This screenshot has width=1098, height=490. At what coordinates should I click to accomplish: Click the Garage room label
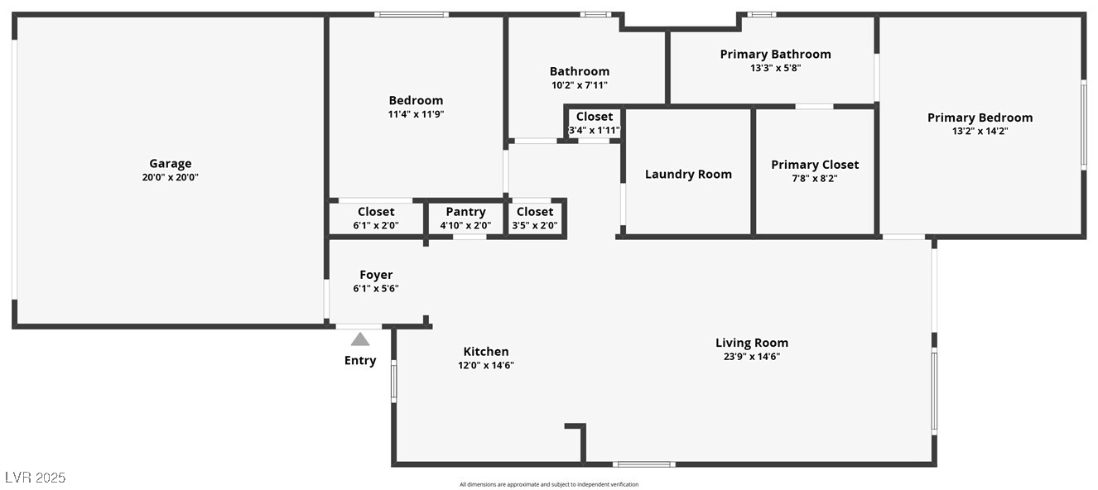[x=170, y=164]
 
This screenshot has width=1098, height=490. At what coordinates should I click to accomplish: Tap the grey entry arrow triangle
[x=360, y=339]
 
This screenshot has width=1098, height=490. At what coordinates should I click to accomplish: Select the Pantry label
[x=465, y=212]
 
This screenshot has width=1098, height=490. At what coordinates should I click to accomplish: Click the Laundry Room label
[x=688, y=175]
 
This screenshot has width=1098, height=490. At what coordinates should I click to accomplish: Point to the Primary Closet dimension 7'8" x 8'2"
[x=815, y=178]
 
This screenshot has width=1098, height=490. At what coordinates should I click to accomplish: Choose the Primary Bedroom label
[x=980, y=118]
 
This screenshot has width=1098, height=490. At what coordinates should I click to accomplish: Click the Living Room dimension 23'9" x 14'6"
[x=752, y=357]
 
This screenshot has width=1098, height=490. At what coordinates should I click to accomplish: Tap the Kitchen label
[x=486, y=352]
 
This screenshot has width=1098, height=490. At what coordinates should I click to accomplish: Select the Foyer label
[x=376, y=275]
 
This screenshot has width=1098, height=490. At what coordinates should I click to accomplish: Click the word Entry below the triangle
[x=360, y=361]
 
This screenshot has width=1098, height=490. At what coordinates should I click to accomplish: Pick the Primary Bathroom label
[x=775, y=55]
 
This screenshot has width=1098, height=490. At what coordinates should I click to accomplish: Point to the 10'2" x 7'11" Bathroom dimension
[x=580, y=85]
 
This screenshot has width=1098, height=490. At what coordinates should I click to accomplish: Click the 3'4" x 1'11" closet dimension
[x=595, y=130]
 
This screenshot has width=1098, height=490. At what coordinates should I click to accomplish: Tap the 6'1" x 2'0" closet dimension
[x=376, y=225]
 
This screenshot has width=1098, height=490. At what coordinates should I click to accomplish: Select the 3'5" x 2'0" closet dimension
[x=535, y=225]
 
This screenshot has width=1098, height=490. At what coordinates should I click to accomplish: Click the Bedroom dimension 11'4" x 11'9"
[x=416, y=114]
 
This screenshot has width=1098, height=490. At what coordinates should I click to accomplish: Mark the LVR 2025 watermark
[x=35, y=478]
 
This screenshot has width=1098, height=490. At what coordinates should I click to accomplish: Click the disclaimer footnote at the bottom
[x=549, y=484]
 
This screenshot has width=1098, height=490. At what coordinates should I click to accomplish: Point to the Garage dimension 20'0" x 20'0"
[x=170, y=177]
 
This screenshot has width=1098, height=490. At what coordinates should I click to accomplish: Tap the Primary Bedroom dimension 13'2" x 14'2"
[x=980, y=131]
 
